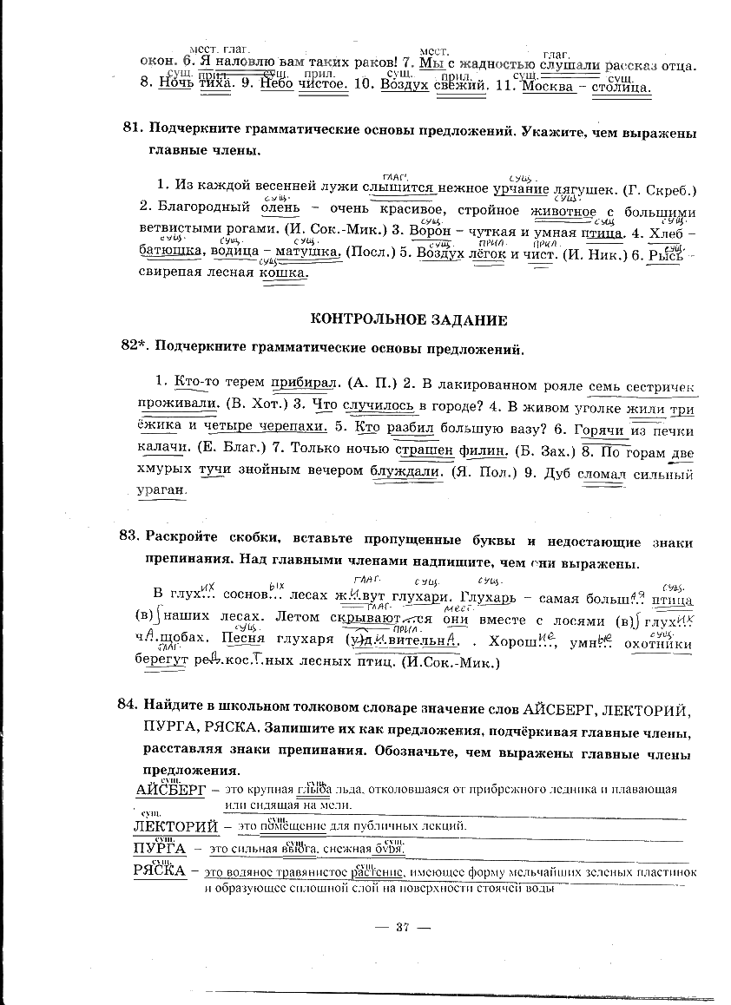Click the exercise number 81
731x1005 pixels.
(x=132, y=128)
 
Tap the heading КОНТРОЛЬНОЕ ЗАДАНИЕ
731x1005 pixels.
(x=409, y=319)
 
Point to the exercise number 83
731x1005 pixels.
(x=130, y=535)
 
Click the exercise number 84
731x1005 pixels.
(x=130, y=705)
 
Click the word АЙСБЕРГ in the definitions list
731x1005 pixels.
(x=172, y=791)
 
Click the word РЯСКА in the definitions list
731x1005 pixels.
(x=160, y=869)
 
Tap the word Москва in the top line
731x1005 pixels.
(x=550, y=87)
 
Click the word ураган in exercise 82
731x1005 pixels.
(x=162, y=489)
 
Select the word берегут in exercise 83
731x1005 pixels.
(x=161, y=662)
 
